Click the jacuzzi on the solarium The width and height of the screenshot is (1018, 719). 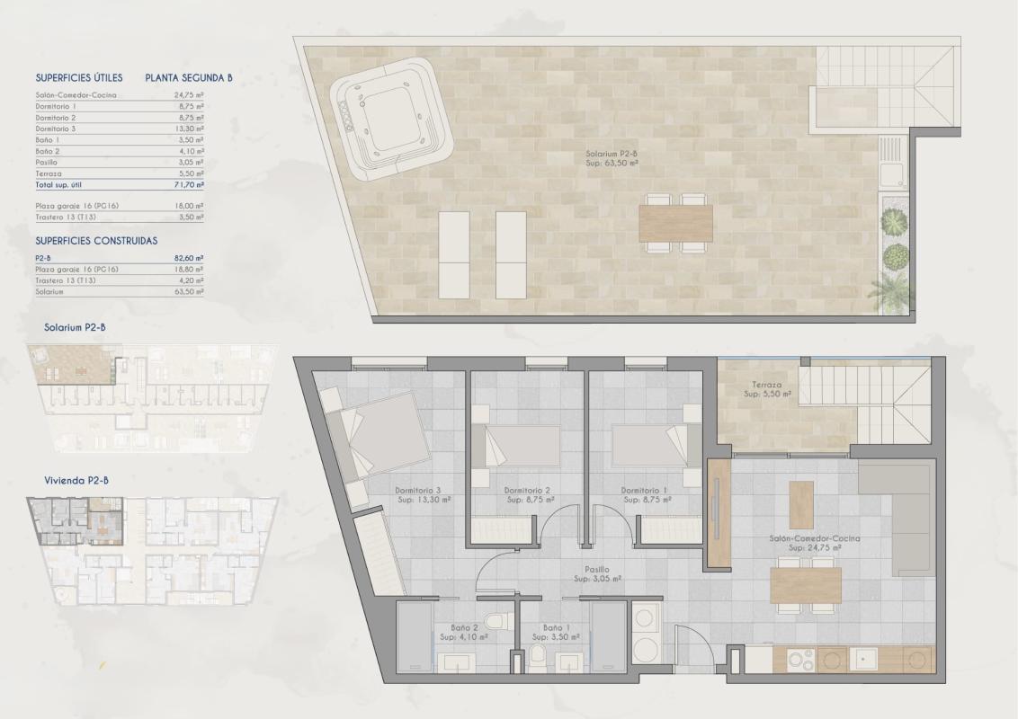pos(389,115)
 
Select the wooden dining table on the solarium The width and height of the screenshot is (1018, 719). pos(675,223)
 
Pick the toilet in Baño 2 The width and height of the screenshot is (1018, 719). pos(494,621)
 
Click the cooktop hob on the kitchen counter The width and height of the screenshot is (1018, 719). pos(801,659)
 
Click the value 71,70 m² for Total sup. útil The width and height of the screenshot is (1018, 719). pos(189,183)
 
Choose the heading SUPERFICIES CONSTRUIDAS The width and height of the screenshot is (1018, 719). pos(96,241)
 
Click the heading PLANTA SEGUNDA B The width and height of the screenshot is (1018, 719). pos(189,78)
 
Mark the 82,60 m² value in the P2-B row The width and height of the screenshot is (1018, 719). pos(189,258)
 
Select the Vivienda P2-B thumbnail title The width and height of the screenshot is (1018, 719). pos(76,481)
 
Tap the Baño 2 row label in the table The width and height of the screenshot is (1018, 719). pos(48,151)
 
